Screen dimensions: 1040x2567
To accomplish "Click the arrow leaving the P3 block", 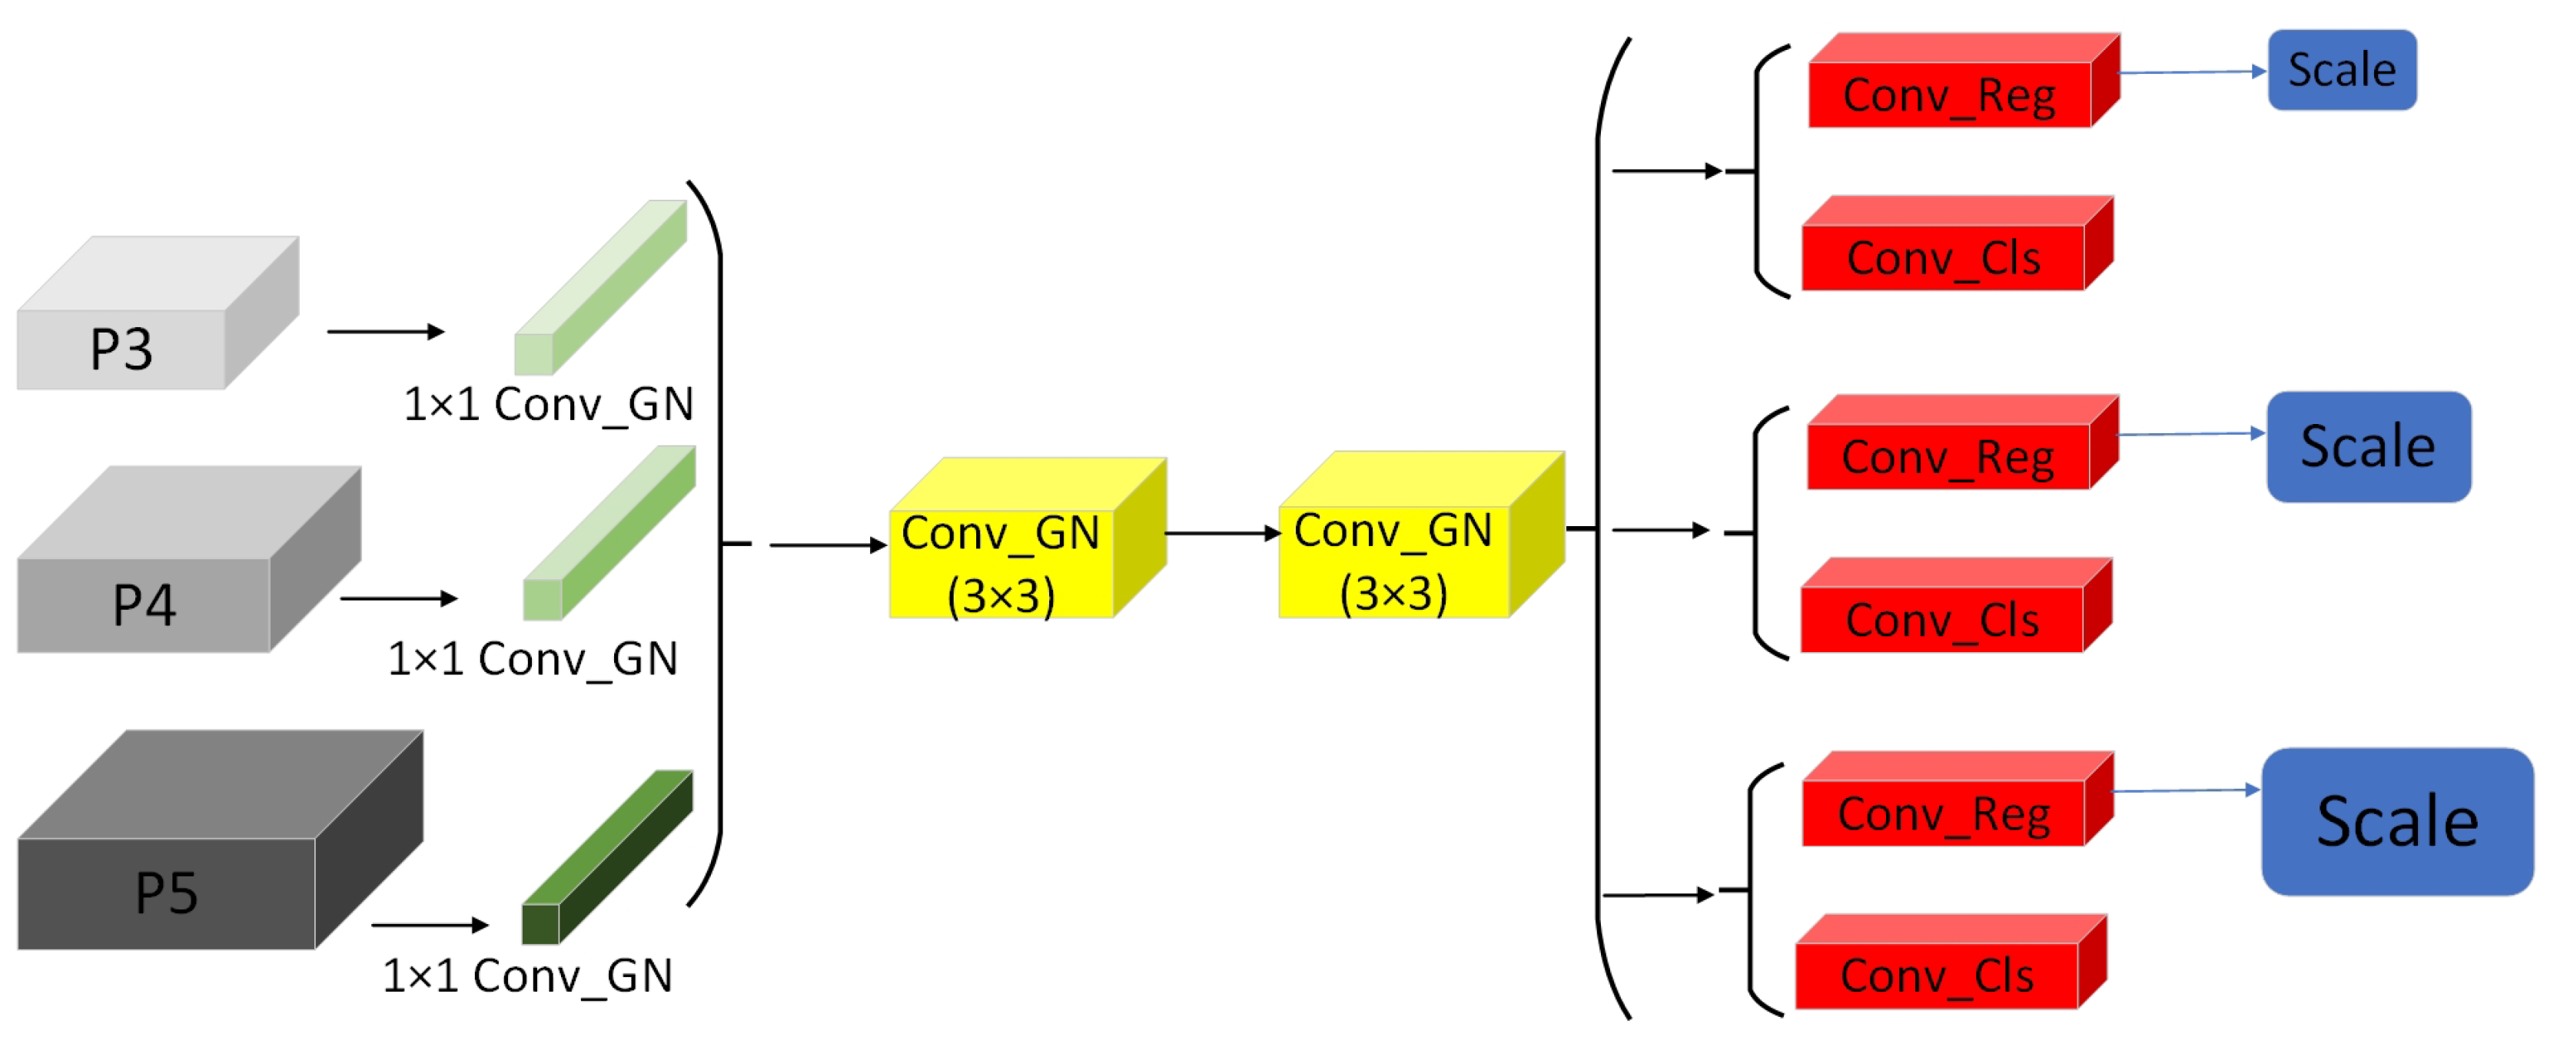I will [x=384, y=332].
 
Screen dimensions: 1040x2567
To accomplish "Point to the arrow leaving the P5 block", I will [x=429, y=925].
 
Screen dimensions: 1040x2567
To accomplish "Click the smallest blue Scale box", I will [x=2342, y=70].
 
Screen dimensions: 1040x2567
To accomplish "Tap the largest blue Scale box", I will [x=2396, y=821].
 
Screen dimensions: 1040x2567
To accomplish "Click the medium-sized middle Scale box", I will [x=2368, y=445].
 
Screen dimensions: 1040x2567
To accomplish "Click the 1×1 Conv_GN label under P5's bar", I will [x=527, y=975].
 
